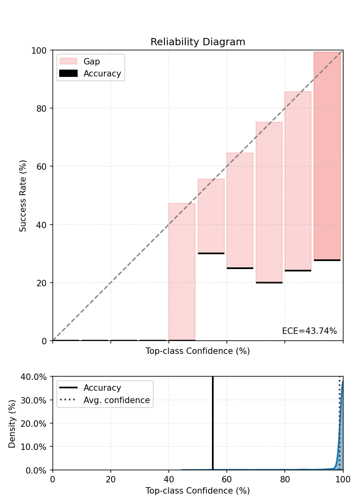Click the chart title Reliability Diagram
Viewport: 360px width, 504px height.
click(x=198, y=42)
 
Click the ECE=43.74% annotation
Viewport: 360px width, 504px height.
click(x=309, y=331)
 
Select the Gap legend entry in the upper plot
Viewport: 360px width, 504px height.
click(x=92, y=62)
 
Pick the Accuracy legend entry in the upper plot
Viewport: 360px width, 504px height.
click(x=102, y=74)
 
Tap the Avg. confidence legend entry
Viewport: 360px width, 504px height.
click(x=116, y=400)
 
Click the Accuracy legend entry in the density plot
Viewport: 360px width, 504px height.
click(x=102, y=388)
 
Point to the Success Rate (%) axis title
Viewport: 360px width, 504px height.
click(x=23, y=195)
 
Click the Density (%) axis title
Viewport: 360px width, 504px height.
click(x=12, y=423)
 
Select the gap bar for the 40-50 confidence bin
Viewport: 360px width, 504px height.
click(x=182, y=272)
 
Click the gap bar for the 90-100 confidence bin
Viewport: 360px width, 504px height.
click(x=327, y=156)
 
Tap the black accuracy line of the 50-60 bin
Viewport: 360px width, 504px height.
click(x=211, y=253)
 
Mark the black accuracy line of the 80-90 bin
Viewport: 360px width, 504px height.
click(x=298, y=271)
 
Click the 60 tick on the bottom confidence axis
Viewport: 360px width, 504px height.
click(x=227, y=479)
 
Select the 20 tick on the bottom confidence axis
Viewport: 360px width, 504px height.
click(x=111, y=479)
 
